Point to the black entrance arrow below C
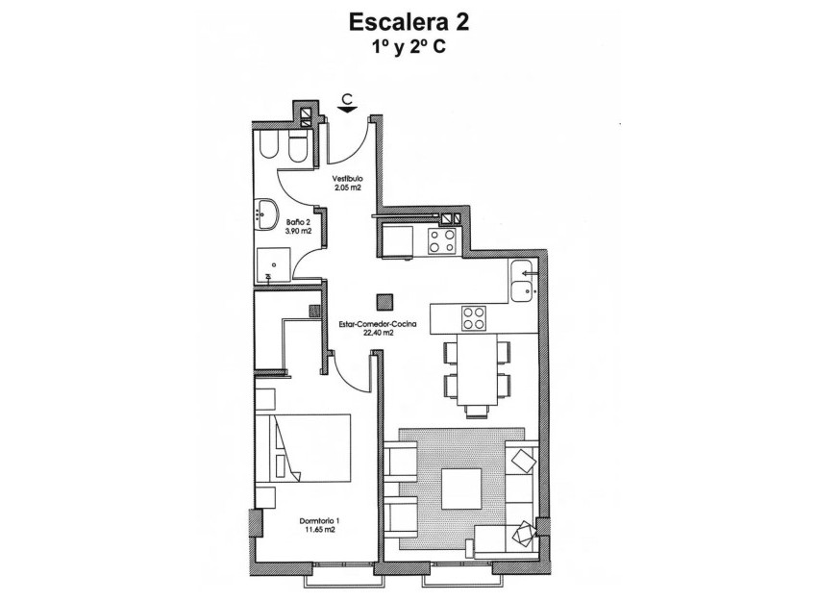click(x=348, y=110)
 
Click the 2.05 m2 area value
click(x=347, y=188)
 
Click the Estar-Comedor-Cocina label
click(x=378, y=325)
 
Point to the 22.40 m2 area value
click(x=379, y=334)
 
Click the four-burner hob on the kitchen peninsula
click(x=472, y=317)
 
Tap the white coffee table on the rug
click(x=462, y=489)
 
